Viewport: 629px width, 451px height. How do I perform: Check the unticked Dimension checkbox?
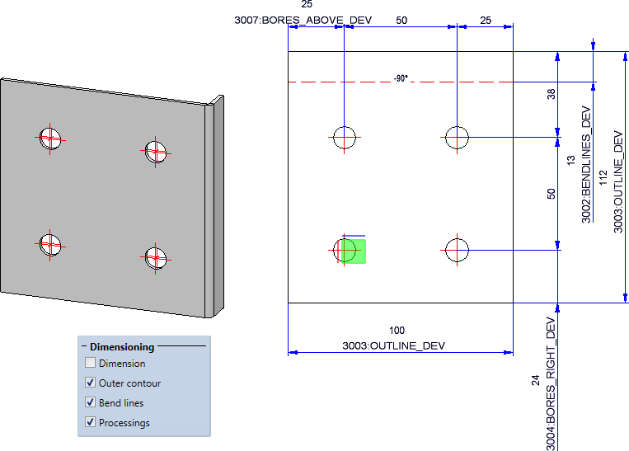(x=90, y=363)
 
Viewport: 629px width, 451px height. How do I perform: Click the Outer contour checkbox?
(x=90, y=383)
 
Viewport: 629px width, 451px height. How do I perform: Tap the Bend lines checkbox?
(x=90, y=403)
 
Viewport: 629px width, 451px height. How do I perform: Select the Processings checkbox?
(x=90, y=423)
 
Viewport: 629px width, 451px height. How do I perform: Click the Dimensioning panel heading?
(x=121, y=347)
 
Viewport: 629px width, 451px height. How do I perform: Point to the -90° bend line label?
(x=401, y=79)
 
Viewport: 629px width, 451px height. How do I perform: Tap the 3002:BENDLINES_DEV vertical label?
(x=586, y=165)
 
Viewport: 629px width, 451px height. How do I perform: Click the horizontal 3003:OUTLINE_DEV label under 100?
(x=393, y=346)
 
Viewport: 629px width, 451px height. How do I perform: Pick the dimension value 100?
(x=397, y=331)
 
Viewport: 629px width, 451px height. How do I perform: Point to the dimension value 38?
(x=552, y=95)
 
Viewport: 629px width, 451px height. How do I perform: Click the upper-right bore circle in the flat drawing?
(x=457, y=138)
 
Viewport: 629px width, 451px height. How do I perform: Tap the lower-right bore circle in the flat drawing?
(x=457, y=250)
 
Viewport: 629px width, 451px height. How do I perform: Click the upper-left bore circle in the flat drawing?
(x=344, y=138)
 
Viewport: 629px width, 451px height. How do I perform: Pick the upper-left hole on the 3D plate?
(x=50, y=139)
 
